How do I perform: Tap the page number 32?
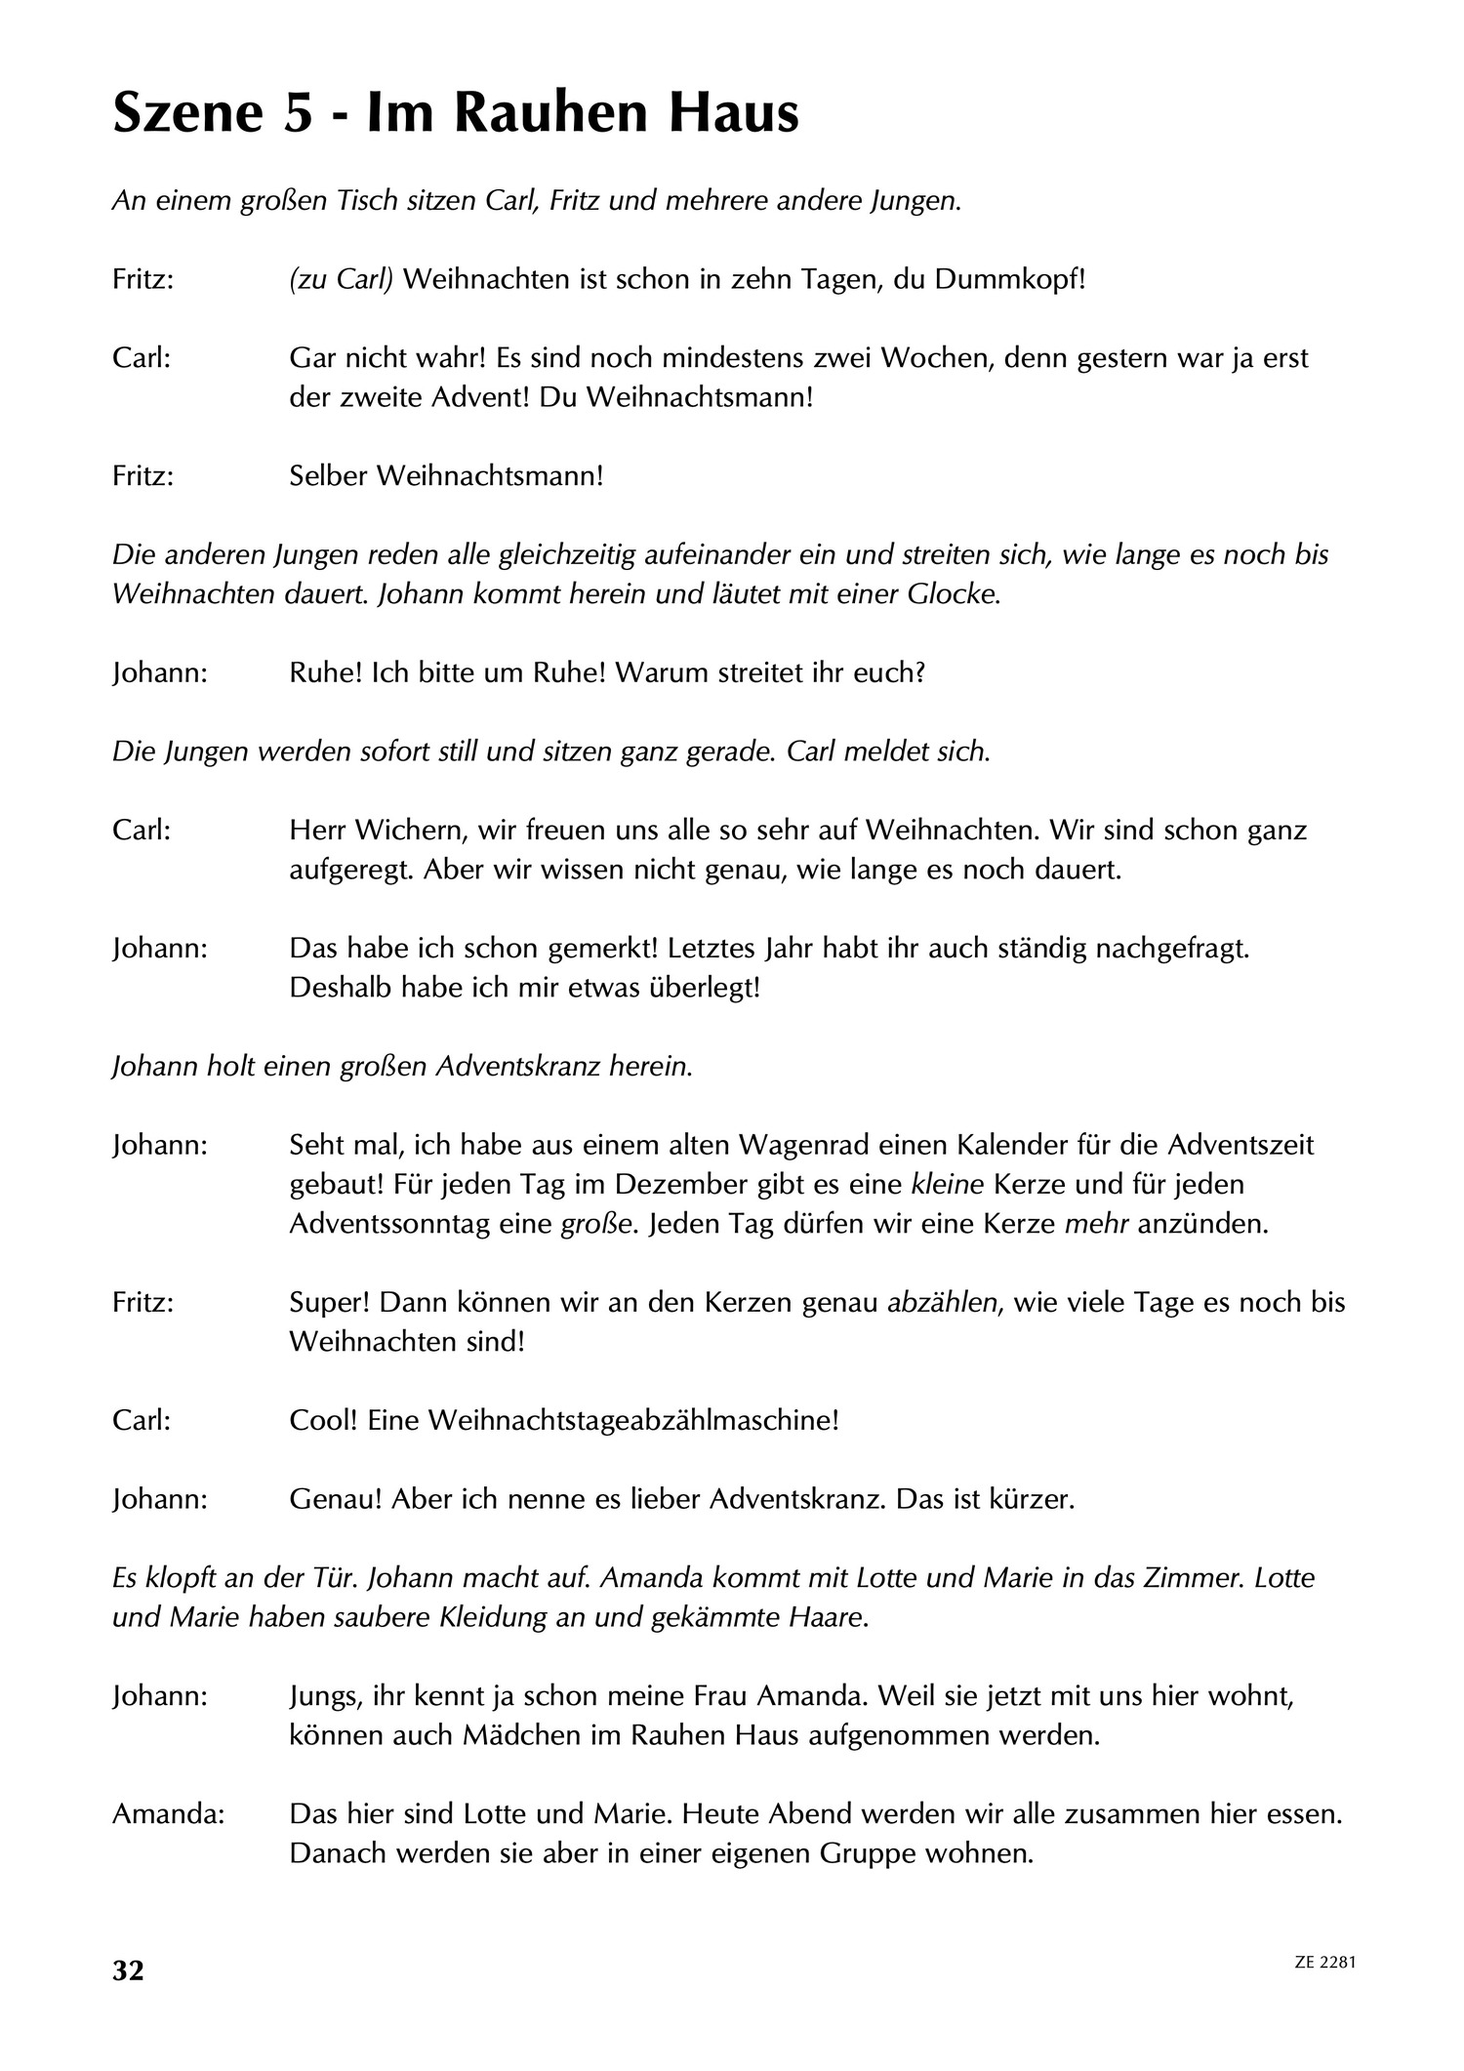(128, 1970)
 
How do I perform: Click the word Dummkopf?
(1008, 280)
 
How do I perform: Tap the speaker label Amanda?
(168, 1813)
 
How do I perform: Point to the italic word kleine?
(947, 1184)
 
